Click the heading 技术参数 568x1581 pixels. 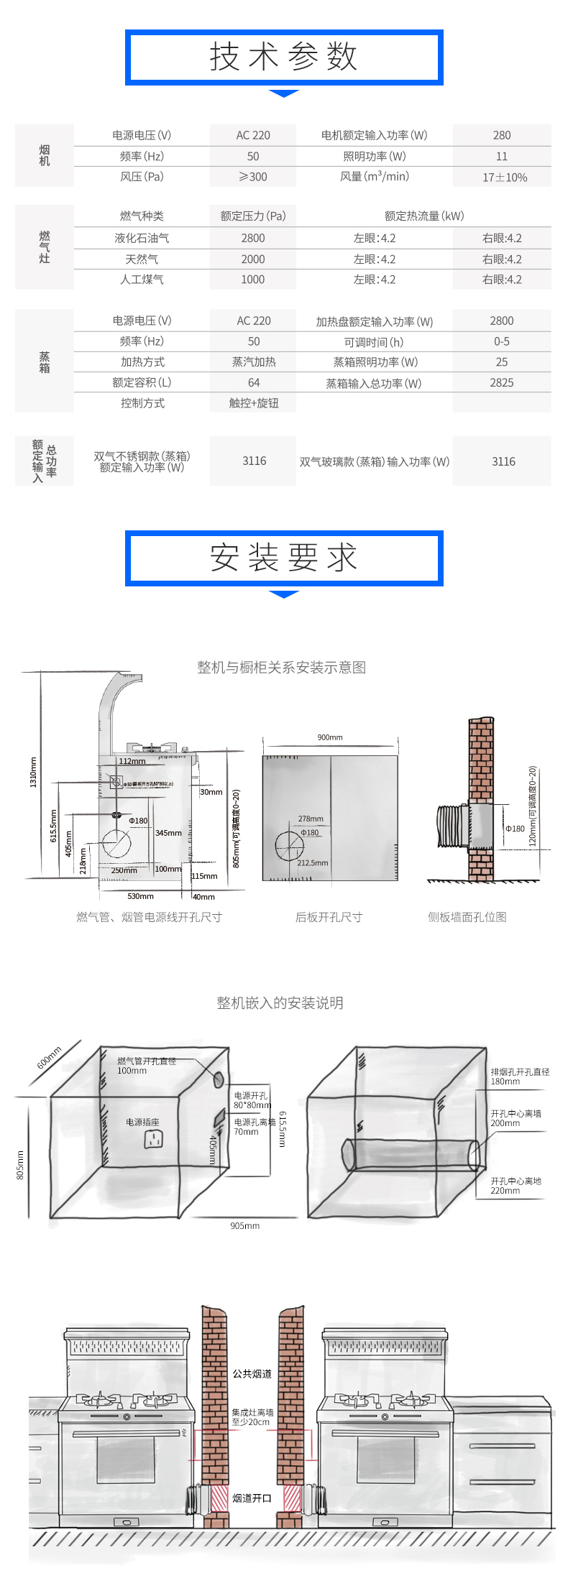point(283,57)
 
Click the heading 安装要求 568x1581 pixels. point(283,558)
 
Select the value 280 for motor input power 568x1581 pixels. point(502,135)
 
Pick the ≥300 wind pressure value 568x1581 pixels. point(252,177)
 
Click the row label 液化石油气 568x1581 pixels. point(142,238)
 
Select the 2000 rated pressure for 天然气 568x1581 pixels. point(252,259)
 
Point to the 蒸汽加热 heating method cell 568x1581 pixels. point(253,362)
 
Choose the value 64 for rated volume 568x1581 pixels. point(253,383)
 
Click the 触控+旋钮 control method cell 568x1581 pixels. point(253,403)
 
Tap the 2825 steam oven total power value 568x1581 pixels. point(502,383)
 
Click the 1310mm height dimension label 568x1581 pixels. point(33,772)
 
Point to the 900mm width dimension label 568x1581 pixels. point(330,737)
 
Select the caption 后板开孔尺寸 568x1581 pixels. point(329,917)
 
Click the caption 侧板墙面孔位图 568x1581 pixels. point(467,917)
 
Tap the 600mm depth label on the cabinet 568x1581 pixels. point(50,1058)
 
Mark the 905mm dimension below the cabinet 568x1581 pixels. point(244,1226)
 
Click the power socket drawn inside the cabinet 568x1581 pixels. point(153,1138)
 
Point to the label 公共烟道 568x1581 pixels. point(252,1374)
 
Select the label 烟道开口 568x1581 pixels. point(252,1498)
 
